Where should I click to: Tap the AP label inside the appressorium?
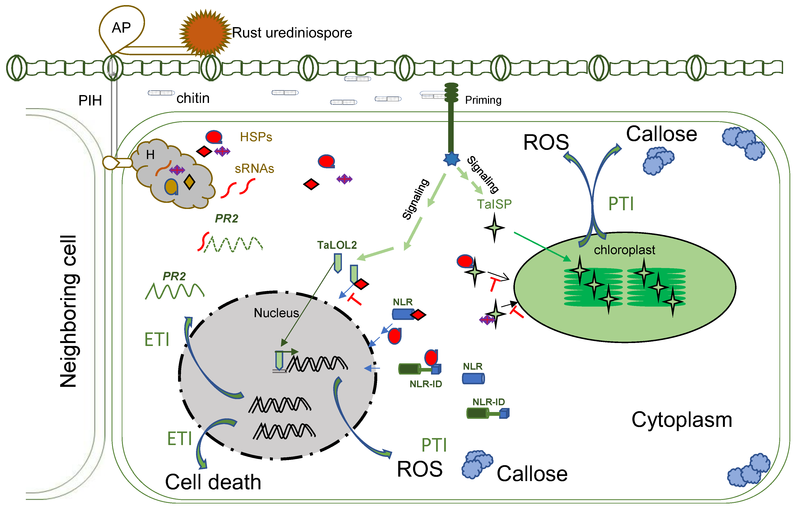pyautogui.click(x=121, y=28)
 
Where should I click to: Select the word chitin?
pyautogui.click(x=193, y=98)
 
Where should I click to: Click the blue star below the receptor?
pyautogui.click(x=451, y=159)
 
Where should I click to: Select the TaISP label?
pyautogui.click(x=494, y=204)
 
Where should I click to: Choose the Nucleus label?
pyautogui.click(x=276, y=313)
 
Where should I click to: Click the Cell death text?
pyautogui.click(x=213, y=482)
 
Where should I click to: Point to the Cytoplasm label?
pyautogui.click(x=682, y=420)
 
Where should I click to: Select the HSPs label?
pyautogui.click(x=256, y=137)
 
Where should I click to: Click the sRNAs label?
pyautogui.click(x=254, y=169)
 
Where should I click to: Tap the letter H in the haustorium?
pyautogui.click(x=150, y=154)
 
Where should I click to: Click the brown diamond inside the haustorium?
pyautogui.click(x=189, y=182)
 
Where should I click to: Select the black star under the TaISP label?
pyautogui.click(x=494, y=228)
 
